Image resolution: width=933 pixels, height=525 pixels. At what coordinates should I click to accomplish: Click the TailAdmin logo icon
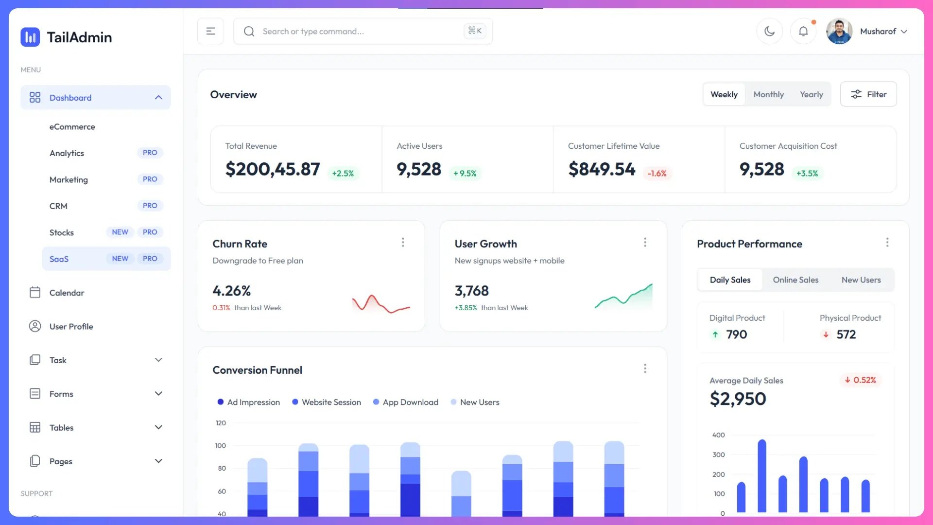pos(30,37)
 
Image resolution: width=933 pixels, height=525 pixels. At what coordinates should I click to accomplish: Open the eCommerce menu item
pos(72,127)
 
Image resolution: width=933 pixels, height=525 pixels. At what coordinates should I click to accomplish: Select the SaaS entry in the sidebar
pos(59,259)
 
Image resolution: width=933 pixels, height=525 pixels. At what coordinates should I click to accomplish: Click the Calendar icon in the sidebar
pos(35,293)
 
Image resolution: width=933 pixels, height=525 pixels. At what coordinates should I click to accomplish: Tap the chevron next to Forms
pos(158,394)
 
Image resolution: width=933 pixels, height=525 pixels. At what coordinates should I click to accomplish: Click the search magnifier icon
pos(249,32)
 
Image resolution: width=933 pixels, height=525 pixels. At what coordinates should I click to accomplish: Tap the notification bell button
pos(803,32)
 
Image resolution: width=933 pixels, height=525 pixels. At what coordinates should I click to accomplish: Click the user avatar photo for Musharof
pos(839,32)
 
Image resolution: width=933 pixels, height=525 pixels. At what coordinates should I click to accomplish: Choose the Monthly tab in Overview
pos(768,95)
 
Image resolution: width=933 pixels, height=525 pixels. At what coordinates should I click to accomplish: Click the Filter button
pos(868,94)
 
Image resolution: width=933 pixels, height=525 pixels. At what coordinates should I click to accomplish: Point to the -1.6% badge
pos(657,174)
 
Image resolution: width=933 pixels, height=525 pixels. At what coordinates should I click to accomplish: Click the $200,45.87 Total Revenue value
pos(273,169)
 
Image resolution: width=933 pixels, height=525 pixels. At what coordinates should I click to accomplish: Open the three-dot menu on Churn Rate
pos(403,243)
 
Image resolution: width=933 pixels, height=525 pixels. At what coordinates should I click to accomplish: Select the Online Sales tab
pos(795,280)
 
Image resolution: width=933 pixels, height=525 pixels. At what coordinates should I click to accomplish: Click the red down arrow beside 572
pos(826,334)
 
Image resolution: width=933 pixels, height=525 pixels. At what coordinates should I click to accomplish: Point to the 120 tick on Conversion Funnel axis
pos(221,423)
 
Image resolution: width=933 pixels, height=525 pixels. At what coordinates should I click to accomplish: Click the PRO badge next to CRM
pos(150,206)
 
